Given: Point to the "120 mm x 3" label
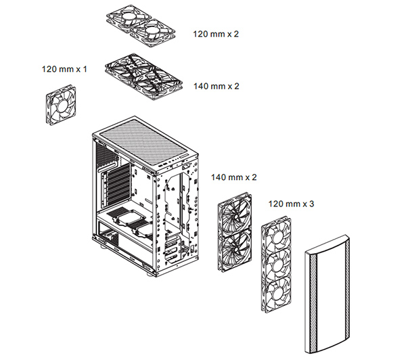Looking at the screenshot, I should click(292, 203).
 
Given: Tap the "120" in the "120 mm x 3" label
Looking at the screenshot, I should click(277, 203).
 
